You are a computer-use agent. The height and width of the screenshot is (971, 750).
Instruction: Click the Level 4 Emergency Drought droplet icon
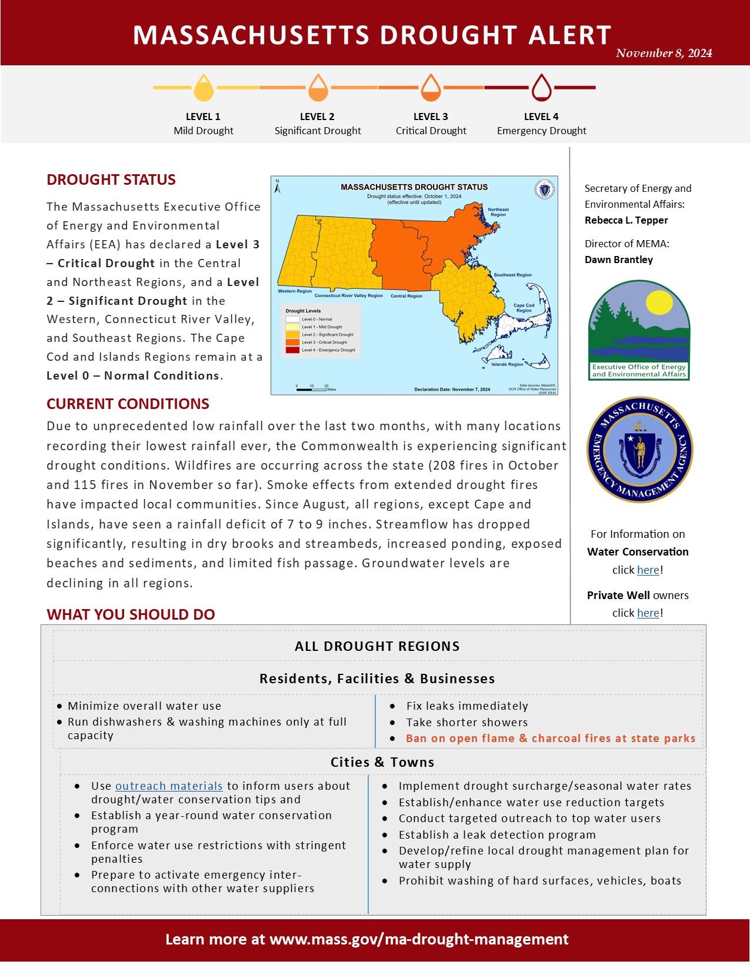click(x=541, y=88)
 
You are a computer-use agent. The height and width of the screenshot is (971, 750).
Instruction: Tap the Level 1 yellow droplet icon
click(x=204, y=88)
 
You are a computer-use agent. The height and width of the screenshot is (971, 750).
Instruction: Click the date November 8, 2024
click(x=664, y=54)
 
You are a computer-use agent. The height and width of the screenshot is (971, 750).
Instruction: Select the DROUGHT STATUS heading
click(x=111, y=180)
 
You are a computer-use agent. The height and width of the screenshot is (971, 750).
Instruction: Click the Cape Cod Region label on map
click(x=524, y=308)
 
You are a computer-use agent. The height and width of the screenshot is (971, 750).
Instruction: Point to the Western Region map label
click(x=295, y=291)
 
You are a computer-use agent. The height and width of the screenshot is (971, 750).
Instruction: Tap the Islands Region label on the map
click(x=507, y=364)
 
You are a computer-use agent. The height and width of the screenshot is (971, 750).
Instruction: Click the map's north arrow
click(x=278, y=187)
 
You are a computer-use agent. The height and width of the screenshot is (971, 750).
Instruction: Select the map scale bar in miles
click(x=312, y=389)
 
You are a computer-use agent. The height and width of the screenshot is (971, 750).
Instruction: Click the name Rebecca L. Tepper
click(x=626, y=220)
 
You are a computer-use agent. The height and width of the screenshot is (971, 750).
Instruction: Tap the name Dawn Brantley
click(x=618, y=260)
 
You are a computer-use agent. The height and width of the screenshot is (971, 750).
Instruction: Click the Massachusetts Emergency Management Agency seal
click(x=639, y=450)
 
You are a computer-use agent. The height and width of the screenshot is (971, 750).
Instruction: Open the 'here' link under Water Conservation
click(x=648, y=570)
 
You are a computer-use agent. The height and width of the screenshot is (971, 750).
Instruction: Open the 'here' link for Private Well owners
click(x=648, y=613)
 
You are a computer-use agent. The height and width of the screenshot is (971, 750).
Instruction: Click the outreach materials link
click(x=169, y=786)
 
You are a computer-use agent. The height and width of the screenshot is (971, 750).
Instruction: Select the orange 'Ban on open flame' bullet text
click(x=550, y=738)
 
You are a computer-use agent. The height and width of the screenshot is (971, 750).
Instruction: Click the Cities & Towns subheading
click(x=382, y=762)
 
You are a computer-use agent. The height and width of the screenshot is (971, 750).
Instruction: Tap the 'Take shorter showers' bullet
click(x=466, y=722)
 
